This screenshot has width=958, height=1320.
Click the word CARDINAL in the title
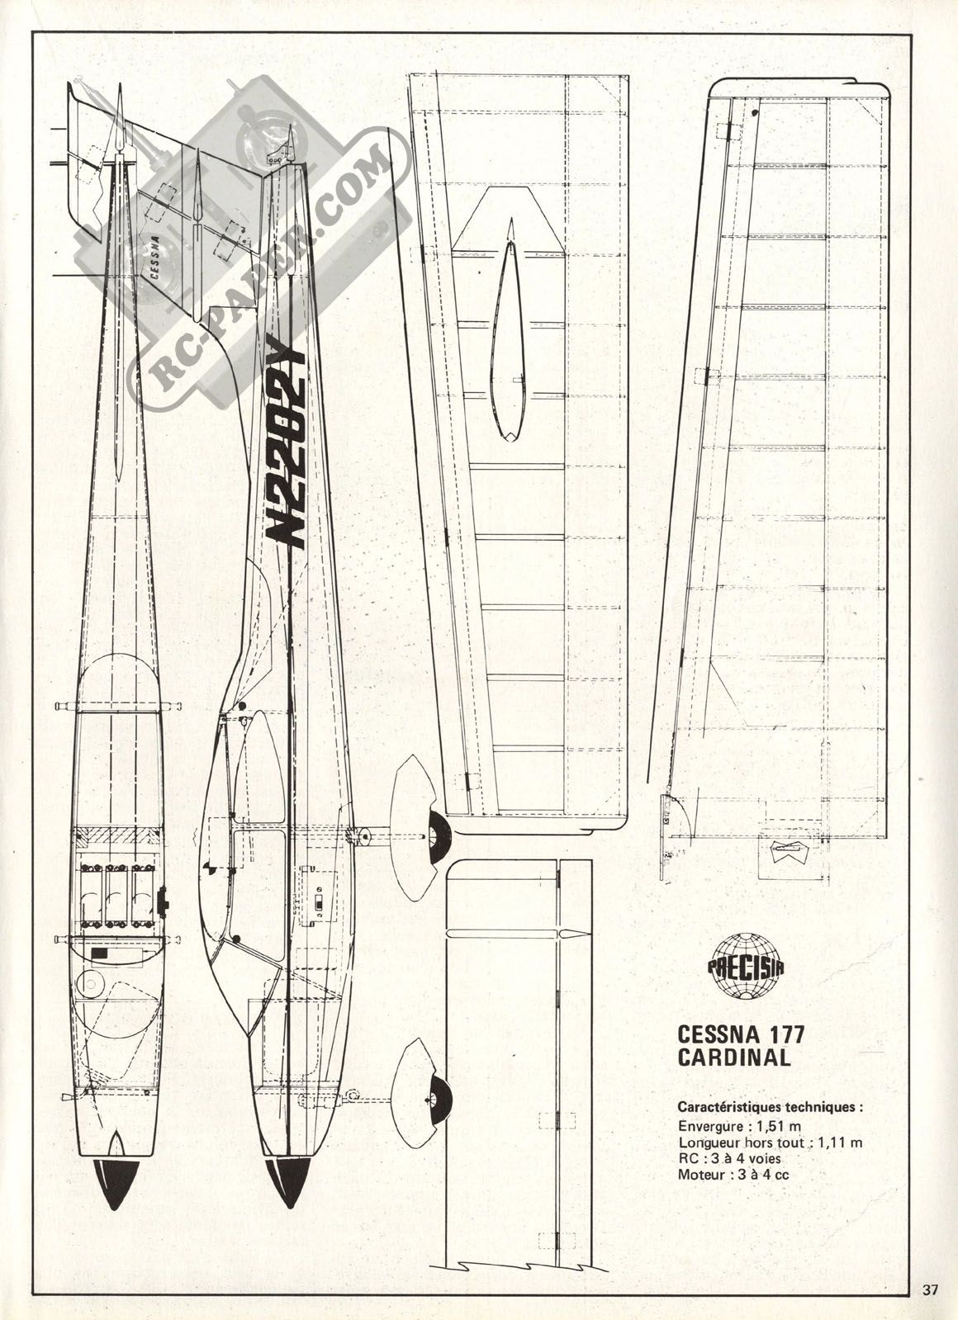[x=733, y=1057]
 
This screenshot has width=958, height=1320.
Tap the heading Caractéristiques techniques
[x=770, y=1107]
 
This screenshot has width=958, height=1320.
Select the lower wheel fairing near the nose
[x=421, y=1100]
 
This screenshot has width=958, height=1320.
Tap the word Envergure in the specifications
[x=702, y=1126]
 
